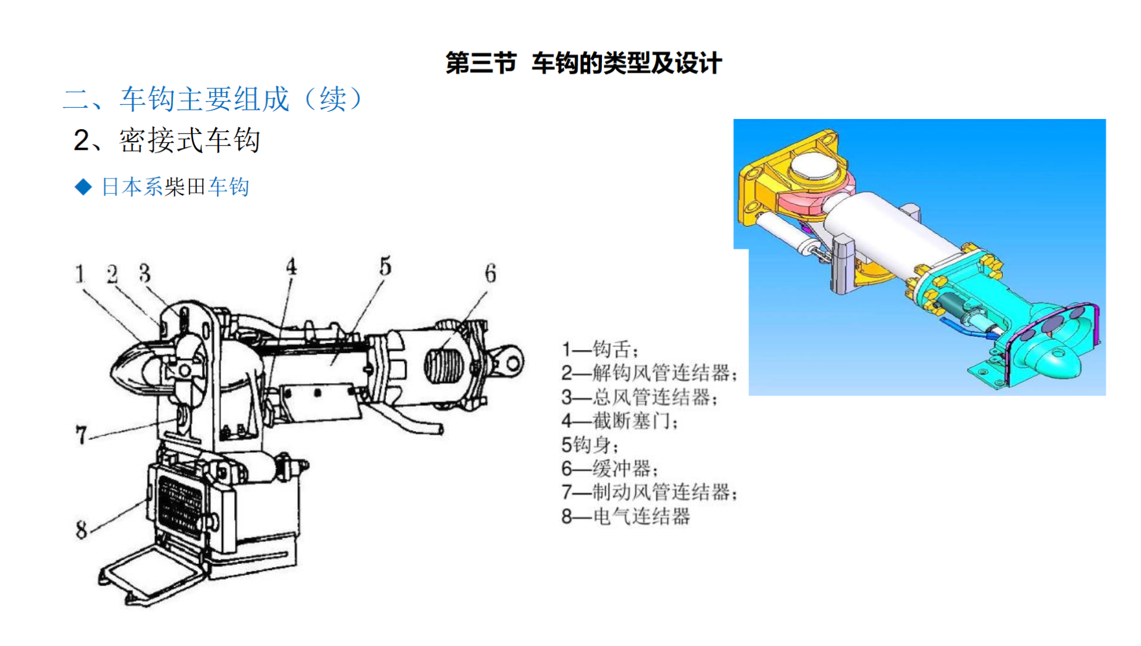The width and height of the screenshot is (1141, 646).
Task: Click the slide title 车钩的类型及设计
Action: [626, 63]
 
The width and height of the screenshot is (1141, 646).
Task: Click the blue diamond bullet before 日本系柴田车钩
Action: [84, 187]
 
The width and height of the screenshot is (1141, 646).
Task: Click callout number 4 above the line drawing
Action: [291, 266]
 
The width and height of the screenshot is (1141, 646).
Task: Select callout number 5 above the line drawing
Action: [386, 266]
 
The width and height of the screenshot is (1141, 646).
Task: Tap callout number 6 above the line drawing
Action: [490, 274]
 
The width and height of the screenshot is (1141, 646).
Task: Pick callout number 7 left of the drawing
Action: [81, 435]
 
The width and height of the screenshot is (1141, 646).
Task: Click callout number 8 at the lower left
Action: [81, 529]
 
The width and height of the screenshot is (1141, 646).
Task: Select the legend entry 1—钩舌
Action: [600, 349]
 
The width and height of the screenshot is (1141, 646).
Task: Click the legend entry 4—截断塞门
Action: [619, 421]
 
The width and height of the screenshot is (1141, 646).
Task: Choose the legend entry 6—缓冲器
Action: [610, 469]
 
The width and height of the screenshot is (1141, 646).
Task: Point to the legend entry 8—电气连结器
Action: [626, 516]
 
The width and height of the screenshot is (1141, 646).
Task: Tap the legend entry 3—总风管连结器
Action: [639, 397]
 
